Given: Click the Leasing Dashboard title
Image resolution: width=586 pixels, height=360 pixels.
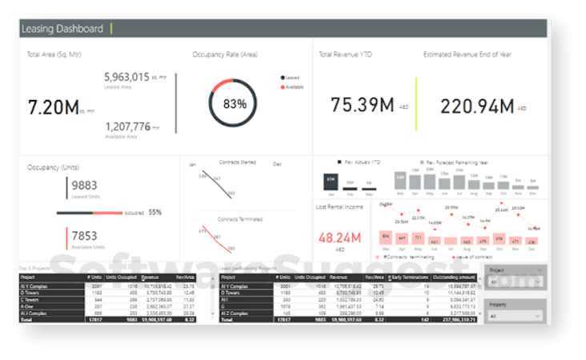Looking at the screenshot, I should pos(62,29).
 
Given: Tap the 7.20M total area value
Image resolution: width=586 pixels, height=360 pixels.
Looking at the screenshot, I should pos(53,106).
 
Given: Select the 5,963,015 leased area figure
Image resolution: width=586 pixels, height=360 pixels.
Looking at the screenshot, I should pos(127,77).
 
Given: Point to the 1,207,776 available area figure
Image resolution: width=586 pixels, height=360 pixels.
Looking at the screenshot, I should pos(127,126).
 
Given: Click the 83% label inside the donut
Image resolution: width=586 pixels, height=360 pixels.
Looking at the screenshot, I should pos(235,104).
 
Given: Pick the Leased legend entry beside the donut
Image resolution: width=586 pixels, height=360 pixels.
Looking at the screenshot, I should pos(291,78).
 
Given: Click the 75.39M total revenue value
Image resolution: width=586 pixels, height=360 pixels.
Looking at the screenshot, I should pos(362,105).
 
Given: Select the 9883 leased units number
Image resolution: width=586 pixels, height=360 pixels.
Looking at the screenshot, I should pos(84,186).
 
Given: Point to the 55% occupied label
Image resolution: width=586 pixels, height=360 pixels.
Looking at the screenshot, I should pos(155,213).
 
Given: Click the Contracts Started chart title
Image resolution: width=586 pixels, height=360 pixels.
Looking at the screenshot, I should pos(237,162).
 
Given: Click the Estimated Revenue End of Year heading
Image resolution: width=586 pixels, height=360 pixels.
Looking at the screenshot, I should pos(467,54).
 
